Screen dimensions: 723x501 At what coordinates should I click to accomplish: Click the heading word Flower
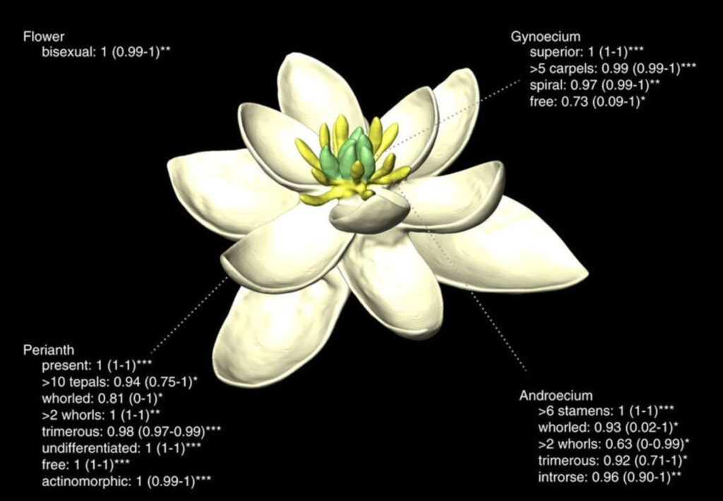pos(44,37)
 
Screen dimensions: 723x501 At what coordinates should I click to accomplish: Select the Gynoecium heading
pos(546,37)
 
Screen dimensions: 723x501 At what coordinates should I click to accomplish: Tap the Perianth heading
pos(49,350)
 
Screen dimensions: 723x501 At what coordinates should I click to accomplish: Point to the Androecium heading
pos(556,395)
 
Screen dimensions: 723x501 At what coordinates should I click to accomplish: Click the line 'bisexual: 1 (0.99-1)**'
pos(107,52)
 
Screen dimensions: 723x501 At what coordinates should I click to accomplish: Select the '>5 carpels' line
pos(613,69)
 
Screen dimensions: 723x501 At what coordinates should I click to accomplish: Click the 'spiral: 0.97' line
pos(594,85)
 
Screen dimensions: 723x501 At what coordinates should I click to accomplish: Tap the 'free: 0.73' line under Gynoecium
pos(587,102)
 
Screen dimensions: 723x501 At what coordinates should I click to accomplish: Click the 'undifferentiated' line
pos(121,448)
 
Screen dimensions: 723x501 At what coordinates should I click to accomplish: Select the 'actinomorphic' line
pos(126,482)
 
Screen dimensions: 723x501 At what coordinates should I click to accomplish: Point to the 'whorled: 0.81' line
pos(102,398)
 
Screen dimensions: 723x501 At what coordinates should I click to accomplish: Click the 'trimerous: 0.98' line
pos(131,432)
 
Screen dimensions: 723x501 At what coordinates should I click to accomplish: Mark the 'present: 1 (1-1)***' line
pos(97,366)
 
